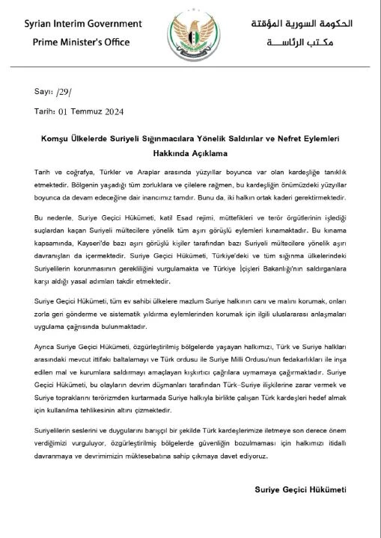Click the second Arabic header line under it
pyautogui.click(x=320, y=43)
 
